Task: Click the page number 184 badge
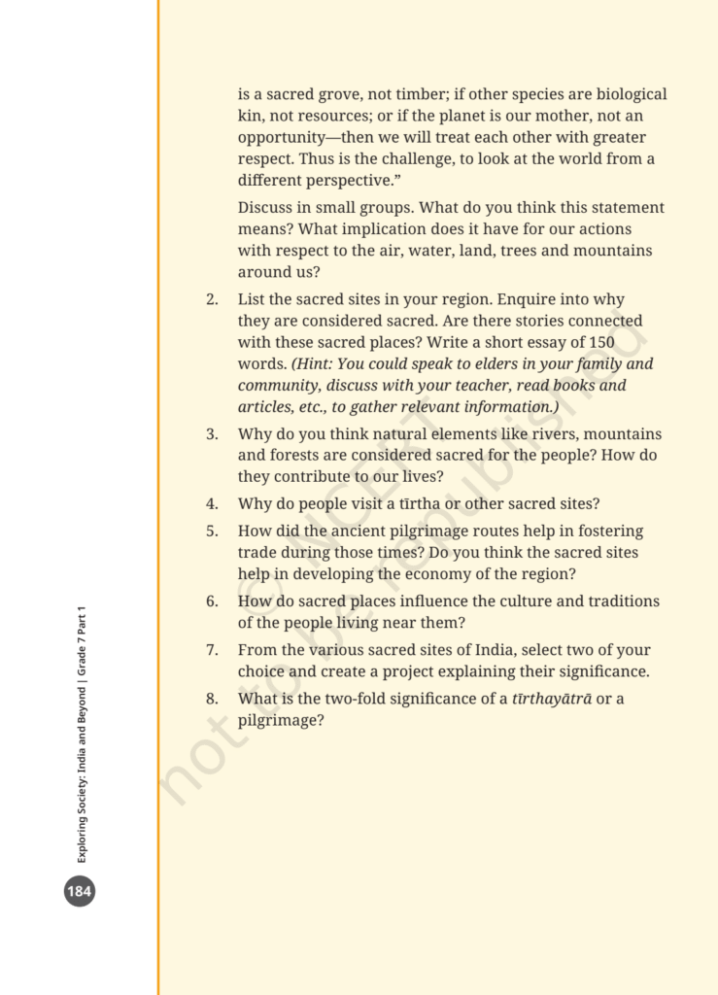pyautogui.click(x=80, y=890)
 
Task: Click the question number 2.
pyautogui.click(x=212, y=299)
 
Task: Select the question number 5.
pyautogui.click(x=212, y=532)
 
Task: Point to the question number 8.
pyautogui.click(x=212, y=699)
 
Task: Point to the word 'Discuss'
pyautogui.click(x=266, y=208)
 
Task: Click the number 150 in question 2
pyautogui.click(x=601, y=342)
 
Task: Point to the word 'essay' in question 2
pyautogui.click(x=534, y=342)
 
